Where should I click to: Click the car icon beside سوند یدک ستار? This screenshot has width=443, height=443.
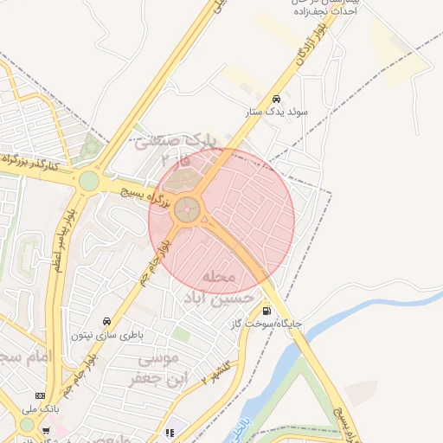(x=275, y=98)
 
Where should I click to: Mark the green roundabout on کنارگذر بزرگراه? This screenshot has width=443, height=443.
(x=89, y=181)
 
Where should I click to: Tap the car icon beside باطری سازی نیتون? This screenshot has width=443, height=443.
(x=106, y=320)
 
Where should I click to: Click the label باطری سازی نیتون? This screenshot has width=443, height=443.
(x=106, y=334)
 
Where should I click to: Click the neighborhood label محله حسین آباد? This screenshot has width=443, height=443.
(x=218, y=286)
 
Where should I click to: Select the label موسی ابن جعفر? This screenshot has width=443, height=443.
(x=156, y=369)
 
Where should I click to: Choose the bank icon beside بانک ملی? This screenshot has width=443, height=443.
(x=40, y=395)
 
